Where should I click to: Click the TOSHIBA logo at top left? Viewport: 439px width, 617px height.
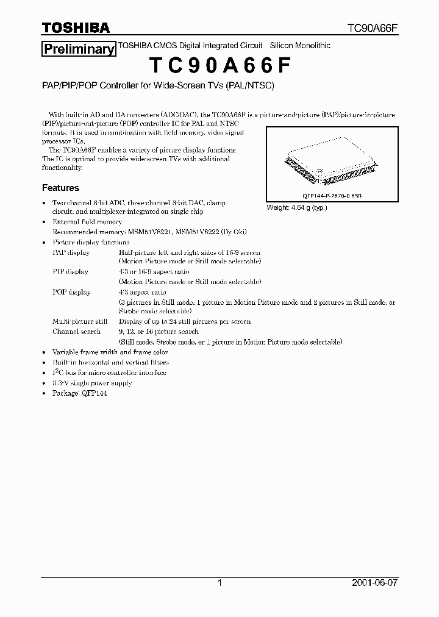click(76, 27)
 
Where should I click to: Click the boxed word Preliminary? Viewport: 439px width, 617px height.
click(78, 49)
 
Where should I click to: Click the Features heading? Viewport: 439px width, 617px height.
click(60, 188)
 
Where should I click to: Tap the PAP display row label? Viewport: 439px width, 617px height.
click(71, 252)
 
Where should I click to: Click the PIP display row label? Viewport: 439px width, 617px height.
click(71, 271)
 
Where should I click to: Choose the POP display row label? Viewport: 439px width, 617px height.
click(71, 292)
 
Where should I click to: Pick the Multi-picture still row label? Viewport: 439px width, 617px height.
click(80, 321)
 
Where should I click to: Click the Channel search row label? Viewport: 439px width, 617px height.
click(77, 332)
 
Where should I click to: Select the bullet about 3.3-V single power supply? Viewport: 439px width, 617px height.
click(92, 383)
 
